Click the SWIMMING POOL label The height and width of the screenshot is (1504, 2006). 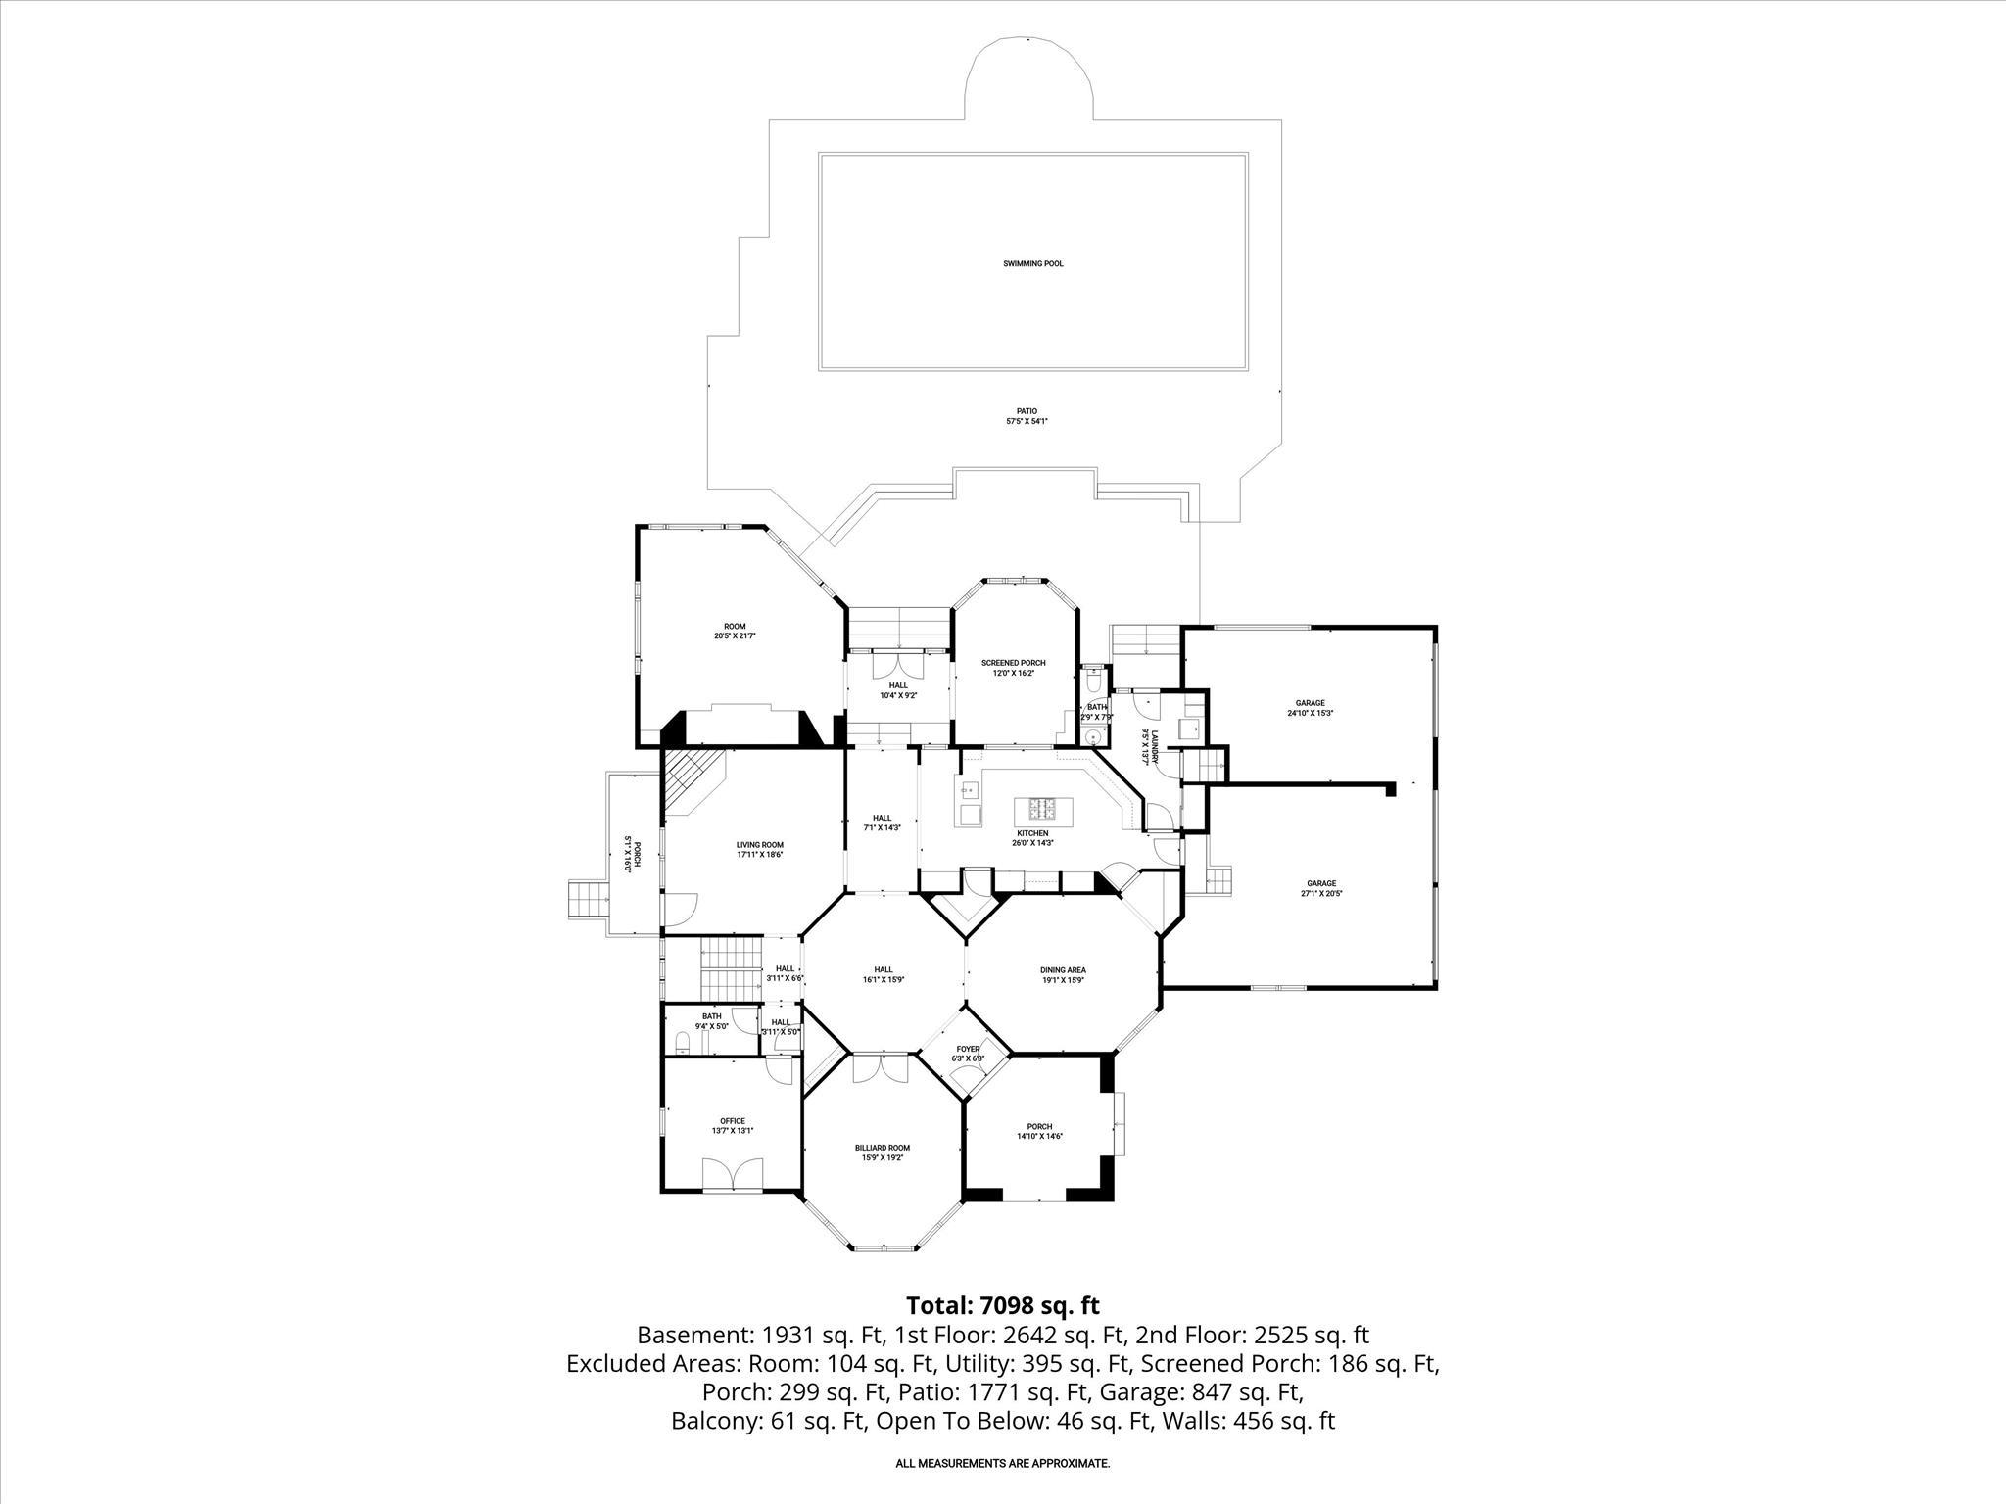point(1032,263)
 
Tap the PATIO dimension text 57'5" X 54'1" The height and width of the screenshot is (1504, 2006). point(1027,421)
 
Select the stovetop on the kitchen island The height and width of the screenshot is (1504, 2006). point(1042,809)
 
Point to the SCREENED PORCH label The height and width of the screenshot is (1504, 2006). point(1013,663)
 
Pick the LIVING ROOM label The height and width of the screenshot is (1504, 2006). point(760,845)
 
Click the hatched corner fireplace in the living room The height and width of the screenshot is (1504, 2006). point(691,778)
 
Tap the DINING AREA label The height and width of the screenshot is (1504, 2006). point(1063,970)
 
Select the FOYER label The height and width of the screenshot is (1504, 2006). point(968,1049)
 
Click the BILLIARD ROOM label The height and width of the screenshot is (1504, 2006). point(882,1148)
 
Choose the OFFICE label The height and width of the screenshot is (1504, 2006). point(733,1121)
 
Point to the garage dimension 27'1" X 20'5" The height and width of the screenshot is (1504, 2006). point(1321,893)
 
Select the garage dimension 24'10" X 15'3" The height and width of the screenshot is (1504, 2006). point(1311,713)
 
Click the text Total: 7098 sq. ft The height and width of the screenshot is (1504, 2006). point(1002,1305)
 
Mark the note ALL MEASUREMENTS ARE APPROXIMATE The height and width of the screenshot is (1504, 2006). point(1002,1463)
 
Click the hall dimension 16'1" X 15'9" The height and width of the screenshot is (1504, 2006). point(884,979)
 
